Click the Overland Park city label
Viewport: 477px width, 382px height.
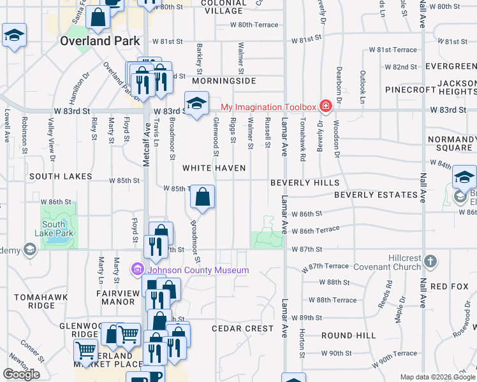pos(99,40)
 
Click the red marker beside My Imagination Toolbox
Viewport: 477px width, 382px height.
pos(325,106)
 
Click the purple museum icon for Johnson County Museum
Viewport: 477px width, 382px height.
pos(136,270)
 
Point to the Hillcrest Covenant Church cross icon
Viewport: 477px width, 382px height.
pos(430,261)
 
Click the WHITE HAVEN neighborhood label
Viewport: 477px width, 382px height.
pos(210,168)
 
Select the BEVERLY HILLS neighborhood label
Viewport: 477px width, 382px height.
pos(305,182)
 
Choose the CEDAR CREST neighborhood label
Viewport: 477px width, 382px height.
pos(242,329)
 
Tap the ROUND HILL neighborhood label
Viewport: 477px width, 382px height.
pos(348,335)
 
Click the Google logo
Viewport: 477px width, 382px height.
pos(21,374)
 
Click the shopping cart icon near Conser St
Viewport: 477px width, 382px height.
pos(85,349)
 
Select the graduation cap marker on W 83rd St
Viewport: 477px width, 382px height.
pos(197,102)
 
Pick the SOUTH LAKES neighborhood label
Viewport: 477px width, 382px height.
pos(60,176)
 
